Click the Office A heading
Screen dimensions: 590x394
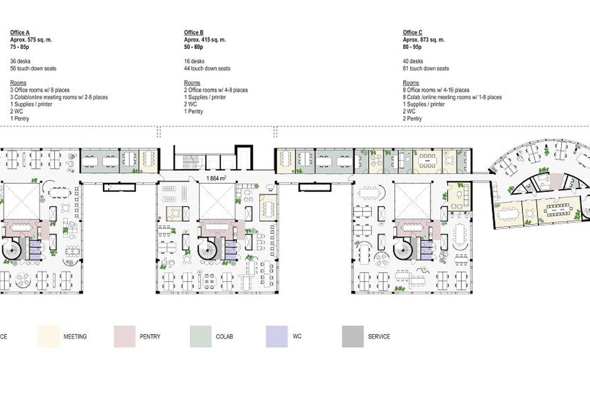click(x=20, y=33)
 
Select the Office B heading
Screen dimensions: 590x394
click(x=194, y=33)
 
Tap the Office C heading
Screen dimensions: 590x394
click(x=412, y=33)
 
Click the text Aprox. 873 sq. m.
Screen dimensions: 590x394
click(x=423, y=40)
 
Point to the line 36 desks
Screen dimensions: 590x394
click(x=20, y=61)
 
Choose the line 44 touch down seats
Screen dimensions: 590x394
click(x=207, y=68)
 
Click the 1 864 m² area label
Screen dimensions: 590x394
click(x=216, y=178)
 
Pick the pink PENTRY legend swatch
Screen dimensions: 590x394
click(x=124, y=336)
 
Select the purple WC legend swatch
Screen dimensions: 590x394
click(x=277, y=336)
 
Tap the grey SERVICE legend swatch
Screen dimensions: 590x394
click(x=353, y=336)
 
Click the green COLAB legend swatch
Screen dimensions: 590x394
click(x=201, y=336)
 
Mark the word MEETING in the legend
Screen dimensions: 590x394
click(x=75, y=336)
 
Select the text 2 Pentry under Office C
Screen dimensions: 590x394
click(x=412, y=119)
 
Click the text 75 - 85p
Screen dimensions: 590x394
click(x=19, y=47)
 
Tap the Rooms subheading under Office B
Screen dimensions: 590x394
click(x=192, y=83)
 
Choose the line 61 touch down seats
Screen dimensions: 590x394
click(x=426, y=68)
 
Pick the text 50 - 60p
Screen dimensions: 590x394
click(x=193, y=47)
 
